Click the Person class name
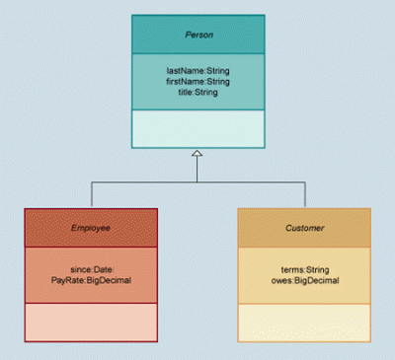click(x=199, y=35)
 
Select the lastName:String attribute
click(x=198, y=71)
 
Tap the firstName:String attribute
click(x=197, y=82)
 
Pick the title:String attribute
click(x=198, y=92)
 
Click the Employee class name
click(x=91, y=228)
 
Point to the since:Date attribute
click(x=91, y=269)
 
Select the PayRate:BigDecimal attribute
click(x=91, y=280)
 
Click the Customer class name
click(x=305, y=228)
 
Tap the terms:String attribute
click(x=305, y=270)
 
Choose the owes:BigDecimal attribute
click(x=305, y=280)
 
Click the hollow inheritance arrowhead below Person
click(x=197, y=153)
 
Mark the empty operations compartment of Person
click(x=198, y=129)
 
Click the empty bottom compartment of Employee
click(x=91, y=323)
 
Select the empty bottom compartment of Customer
click(x=304, y=324)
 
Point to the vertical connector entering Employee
click(x=92, y=194)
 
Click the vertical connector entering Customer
click(x=305, y=194)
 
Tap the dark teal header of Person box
click(x=198, y=35)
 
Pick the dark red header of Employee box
click(x=91, y=228)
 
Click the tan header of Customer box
click(x=304, y=228)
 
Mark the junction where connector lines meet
click(x=197, y=182)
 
